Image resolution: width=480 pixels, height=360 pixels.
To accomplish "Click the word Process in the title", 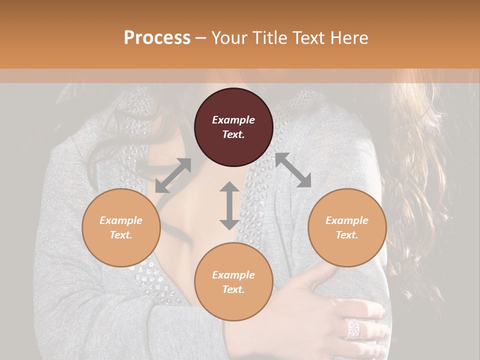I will coord(157,38).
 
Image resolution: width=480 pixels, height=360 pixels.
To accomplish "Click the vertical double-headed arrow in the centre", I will coord(229,205).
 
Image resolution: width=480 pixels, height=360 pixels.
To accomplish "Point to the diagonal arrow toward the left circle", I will coord(173,175).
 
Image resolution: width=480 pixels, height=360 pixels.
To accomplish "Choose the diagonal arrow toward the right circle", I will coord(293,170).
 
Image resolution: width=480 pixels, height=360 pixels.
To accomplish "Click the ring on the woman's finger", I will coord(352,328).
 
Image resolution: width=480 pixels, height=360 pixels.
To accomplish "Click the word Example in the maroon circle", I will coord(233,120).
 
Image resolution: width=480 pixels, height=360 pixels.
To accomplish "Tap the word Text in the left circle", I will coord(121,235).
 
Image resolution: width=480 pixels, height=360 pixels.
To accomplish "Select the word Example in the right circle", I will coord(347,220).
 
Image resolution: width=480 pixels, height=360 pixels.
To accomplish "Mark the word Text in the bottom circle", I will coord(233,289).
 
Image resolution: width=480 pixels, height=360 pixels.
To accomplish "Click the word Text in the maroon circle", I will coord(233,134).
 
